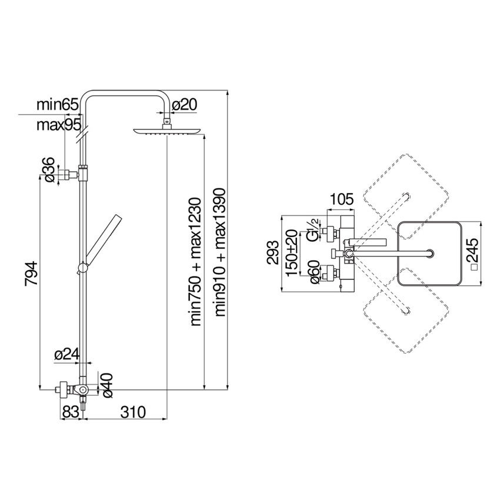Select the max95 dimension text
pyautogui.click(x=58, y=125)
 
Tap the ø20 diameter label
pyautogui.click(x=184, y=105)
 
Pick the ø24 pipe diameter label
pyautogui.click(x=66, y=354)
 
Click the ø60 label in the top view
pyautogui.click(x=314, y=275)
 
